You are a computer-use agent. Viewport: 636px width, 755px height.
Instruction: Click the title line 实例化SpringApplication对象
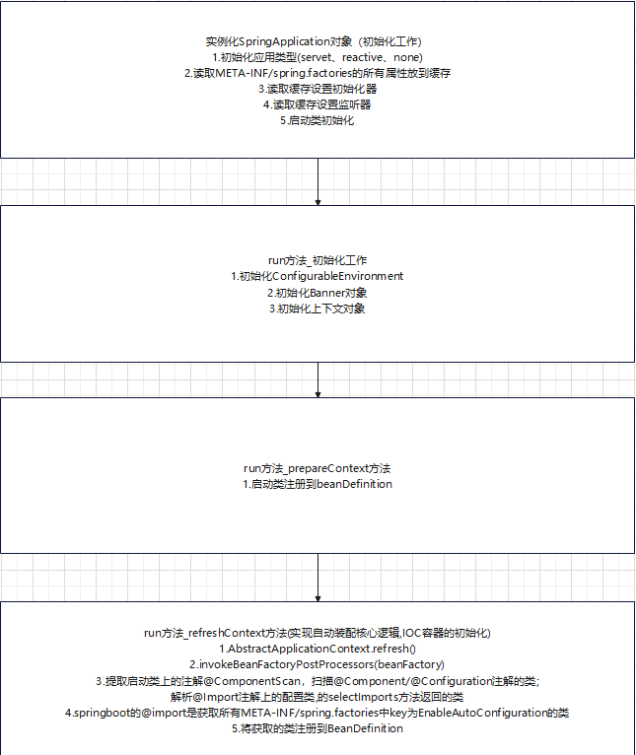tap(318, 41)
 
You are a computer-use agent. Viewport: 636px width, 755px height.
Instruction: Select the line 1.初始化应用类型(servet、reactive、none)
tap(318, 57)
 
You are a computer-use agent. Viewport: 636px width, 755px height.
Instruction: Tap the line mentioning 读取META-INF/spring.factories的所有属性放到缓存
tap(318, 73)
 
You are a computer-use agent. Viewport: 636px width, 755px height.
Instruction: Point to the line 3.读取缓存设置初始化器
tap(318, 89)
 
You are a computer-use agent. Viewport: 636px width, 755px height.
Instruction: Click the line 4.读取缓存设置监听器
tap(318, 104)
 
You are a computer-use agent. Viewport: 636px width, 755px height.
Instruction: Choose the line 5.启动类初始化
tap(318, 120)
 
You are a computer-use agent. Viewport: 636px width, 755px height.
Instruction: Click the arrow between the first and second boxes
tap(318, 181)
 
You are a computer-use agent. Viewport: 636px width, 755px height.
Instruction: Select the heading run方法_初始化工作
tap(318, 260)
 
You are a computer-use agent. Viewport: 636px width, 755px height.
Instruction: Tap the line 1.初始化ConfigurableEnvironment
tap(318, 276)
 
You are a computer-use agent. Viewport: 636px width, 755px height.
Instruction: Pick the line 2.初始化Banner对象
tap(318, 293)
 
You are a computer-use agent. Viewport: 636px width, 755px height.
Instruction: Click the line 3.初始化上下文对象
tap(318, 309)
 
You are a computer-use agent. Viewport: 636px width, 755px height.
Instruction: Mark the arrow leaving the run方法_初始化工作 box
tap(318, 379)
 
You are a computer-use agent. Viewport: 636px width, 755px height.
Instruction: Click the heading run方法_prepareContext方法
tap(318, 468)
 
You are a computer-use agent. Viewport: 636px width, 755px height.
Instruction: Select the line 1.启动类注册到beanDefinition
tap(318, 484)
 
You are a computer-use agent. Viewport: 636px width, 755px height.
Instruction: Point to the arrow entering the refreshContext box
tap(318, 577)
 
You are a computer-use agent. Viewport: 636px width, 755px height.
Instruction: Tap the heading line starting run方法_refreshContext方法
tap(318, 632)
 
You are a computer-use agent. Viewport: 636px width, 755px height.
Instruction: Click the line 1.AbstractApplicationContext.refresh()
tap(318, 649)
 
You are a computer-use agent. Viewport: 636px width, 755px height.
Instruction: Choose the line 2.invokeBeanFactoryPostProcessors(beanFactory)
tap(318, 664)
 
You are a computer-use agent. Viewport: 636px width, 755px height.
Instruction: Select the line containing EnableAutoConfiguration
tap(318, 712)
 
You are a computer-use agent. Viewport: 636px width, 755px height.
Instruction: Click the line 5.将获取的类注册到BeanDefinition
tap(318, 728)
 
